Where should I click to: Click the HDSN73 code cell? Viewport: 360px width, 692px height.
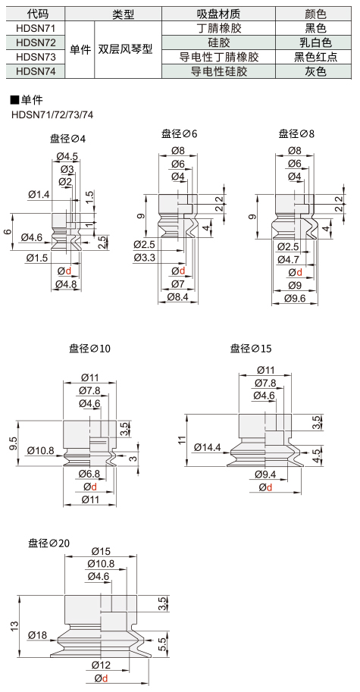click(36, 57)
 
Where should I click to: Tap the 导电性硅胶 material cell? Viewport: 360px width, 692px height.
click(219, 70)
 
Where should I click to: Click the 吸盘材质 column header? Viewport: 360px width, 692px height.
click(219, 14)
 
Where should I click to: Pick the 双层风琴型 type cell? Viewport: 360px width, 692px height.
click(128, 49)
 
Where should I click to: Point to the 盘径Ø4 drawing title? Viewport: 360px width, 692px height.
click(68, 139)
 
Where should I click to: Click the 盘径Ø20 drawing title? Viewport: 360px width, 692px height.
click(49, 543)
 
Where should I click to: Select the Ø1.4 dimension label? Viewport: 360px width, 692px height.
click(39, 194)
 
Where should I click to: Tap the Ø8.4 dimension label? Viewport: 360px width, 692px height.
click(178, 297)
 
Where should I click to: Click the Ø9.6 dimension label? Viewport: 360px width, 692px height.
click(295, 299)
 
